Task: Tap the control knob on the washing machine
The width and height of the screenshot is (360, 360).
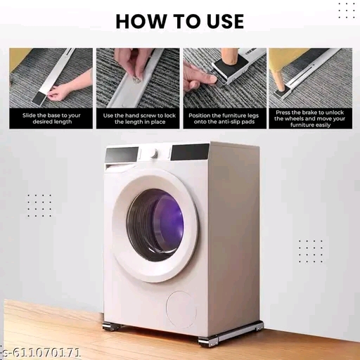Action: point(153,153)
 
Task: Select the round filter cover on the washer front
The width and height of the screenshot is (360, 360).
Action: point(181,309)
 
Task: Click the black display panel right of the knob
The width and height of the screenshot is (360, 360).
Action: point(190,152)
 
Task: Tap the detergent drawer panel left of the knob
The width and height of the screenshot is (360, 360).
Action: point(122,155)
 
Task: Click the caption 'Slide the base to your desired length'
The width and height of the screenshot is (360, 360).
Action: point(51,118)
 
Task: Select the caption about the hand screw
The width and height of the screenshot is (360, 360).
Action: point(139,118)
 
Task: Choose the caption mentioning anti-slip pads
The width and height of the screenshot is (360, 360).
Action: point(224,118)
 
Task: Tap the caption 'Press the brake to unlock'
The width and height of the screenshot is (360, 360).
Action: point(309,112)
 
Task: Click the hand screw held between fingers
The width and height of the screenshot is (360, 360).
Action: point(136,79)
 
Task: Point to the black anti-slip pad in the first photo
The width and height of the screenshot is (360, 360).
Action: point(39,98)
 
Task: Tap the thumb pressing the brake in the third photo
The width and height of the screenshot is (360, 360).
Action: point(206,78)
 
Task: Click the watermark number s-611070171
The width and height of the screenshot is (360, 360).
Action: point(40,352)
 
